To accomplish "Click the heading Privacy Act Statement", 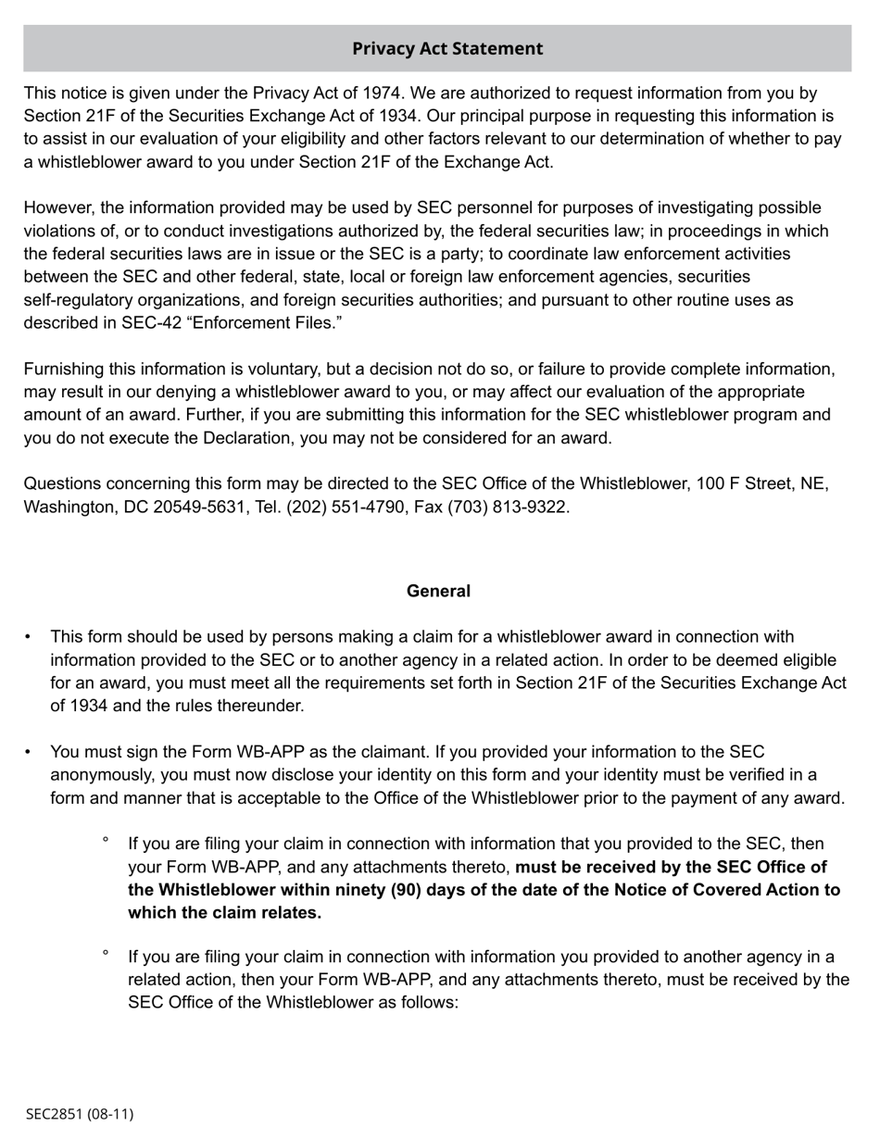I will (x=447, y=48).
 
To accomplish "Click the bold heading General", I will (x=438, y=591).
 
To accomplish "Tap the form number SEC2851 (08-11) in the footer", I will (x=80, y=1113).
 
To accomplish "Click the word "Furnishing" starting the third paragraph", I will (x=63, y=369).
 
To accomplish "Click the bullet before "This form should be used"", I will (x=28, y=637).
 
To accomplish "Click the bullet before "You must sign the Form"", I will (x=28, y=752).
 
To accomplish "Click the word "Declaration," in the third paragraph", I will (x=220, y=437).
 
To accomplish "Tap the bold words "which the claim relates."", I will (x=224, y=912).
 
